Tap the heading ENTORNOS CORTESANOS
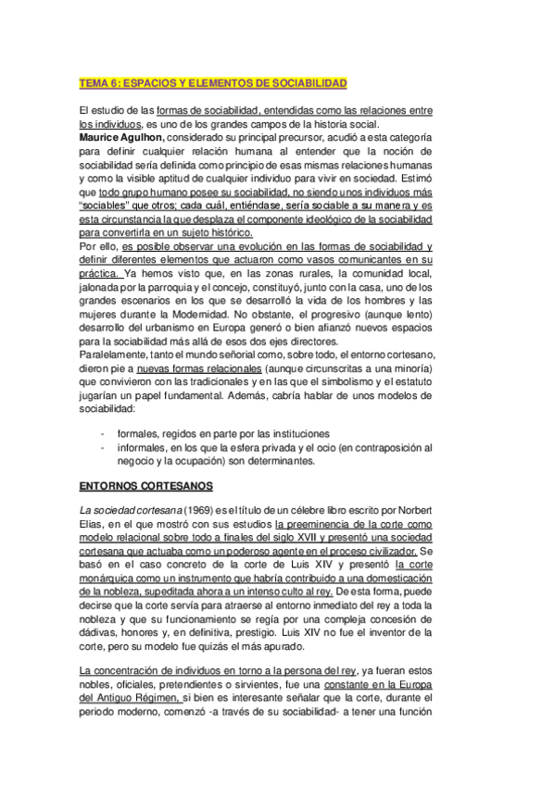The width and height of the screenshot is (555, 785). (145, 485)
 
